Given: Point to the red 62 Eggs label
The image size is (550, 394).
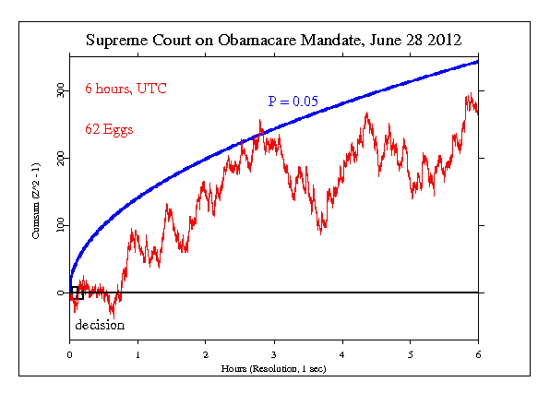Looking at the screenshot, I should coord(109,129).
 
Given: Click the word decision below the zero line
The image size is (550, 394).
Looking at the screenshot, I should coord(99,325).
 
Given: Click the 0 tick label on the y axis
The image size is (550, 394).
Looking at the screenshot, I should coord(62,293).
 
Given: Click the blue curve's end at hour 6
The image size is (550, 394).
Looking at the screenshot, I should coord(478,61).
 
